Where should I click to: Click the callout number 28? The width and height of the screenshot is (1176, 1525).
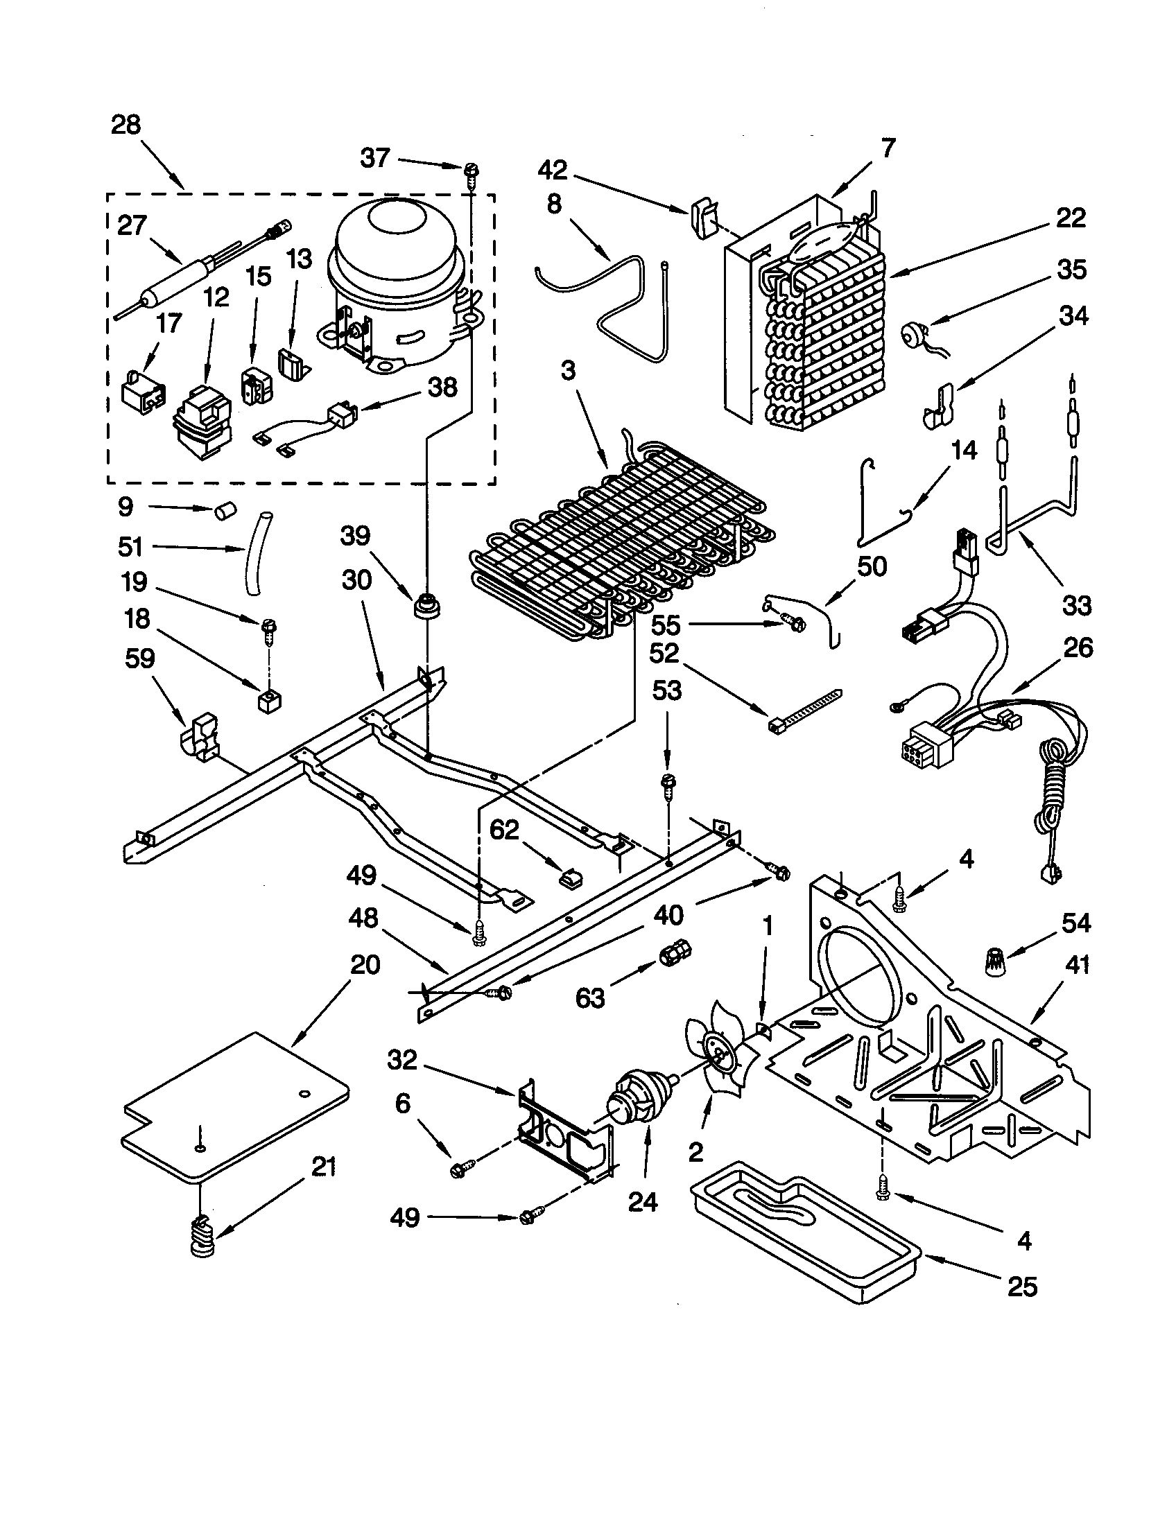pos(126,125)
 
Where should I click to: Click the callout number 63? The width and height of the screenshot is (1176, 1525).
pos(590,997)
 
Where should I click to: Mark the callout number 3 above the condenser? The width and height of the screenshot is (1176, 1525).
pos(568,371)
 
